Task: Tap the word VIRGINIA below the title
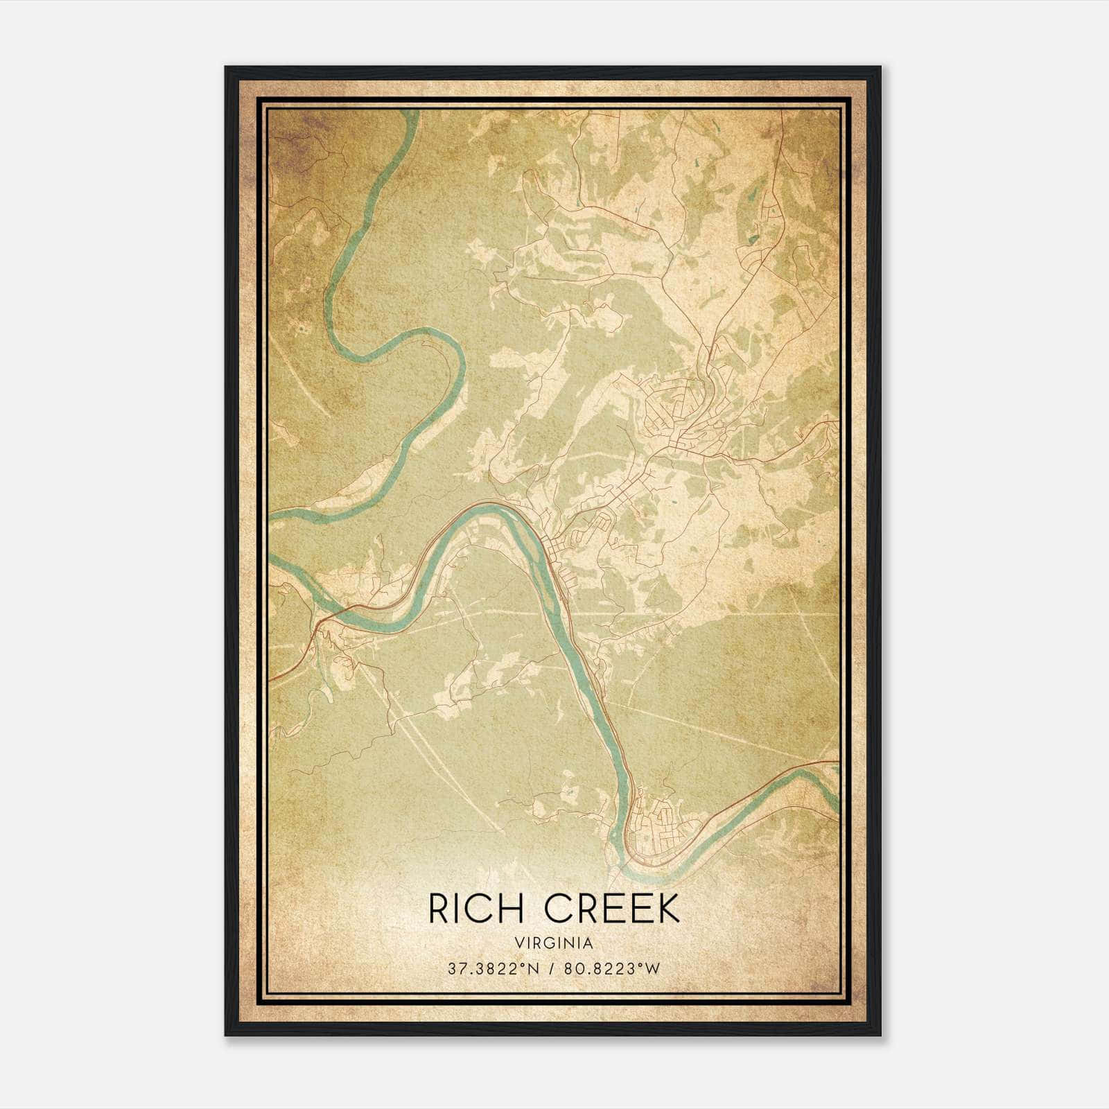[x=554, y=943]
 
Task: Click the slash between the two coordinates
[x=552, y=968]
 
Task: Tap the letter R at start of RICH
[x=439, y=909]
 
